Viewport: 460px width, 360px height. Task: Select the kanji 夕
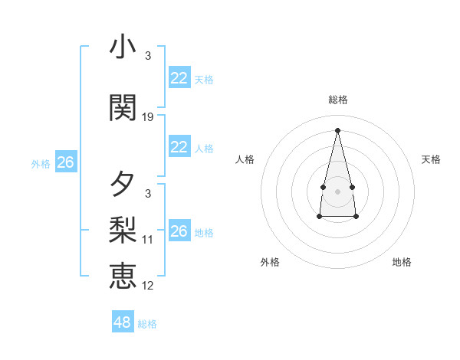point(123,185)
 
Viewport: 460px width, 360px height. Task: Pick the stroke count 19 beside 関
point(148,117)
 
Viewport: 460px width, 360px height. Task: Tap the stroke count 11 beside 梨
point(148,240)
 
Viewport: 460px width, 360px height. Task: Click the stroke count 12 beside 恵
point(148,286)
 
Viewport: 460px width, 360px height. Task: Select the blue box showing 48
point(123,322)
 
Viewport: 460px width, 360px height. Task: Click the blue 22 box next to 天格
point(179,77)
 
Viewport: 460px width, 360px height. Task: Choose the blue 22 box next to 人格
point(179,147)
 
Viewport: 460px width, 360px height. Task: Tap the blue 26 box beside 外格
point(65,162)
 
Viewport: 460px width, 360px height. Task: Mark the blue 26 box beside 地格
point(179,231)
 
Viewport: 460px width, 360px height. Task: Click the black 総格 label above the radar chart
point(338,100)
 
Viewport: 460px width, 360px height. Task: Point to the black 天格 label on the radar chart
point(432,159)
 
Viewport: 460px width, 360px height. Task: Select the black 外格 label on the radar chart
point(270,262)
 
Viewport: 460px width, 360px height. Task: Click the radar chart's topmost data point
point(338,129)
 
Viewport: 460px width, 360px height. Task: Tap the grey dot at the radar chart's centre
point(338,191)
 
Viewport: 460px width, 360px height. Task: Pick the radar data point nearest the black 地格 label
point(356,217)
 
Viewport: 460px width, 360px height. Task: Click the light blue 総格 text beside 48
point(147,324)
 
